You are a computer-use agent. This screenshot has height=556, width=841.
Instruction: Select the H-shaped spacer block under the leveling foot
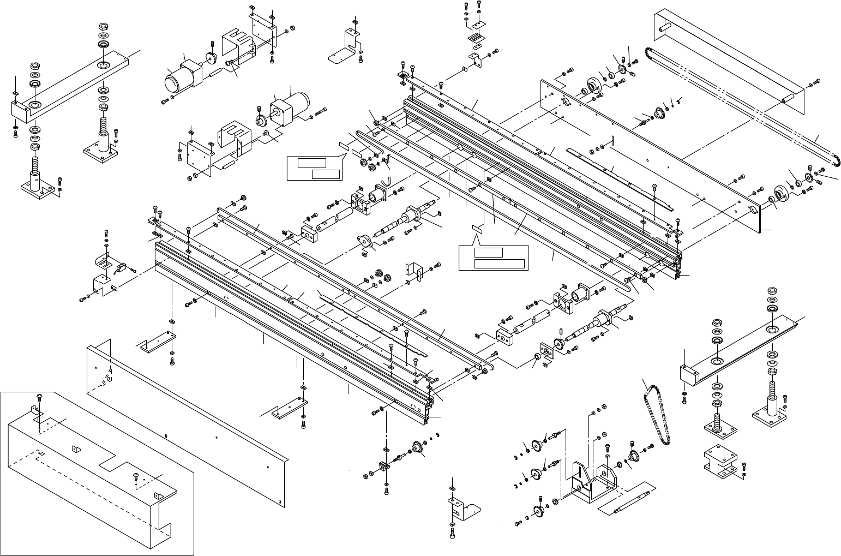click(719, 462)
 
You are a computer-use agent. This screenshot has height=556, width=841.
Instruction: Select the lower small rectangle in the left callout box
click(326, 174)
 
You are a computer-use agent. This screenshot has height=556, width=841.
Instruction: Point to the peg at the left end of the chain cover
click(664, 26)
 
